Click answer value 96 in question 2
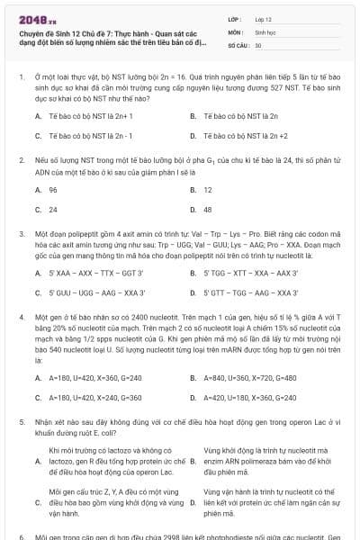(x=53, y=190)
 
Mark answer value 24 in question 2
(x=53, y=209)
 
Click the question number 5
(x=21, y=420)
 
